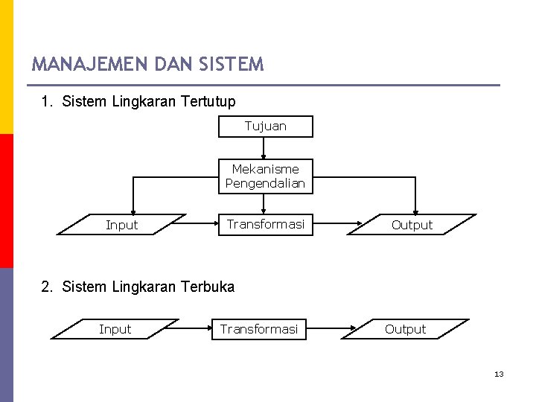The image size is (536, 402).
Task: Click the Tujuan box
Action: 266,127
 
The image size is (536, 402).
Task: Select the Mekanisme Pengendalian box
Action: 266,176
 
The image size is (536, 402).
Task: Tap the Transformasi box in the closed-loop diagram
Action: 266,224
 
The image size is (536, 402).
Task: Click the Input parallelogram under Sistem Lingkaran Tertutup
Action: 121,225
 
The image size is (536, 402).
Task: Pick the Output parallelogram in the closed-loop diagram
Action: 412,225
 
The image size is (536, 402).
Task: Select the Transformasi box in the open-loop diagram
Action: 259,329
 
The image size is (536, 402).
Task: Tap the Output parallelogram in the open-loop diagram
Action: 406,329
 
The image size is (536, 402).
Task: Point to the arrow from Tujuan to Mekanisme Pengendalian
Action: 264,149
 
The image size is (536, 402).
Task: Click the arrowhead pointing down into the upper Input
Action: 133,211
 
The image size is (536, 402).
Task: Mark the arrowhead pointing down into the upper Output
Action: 416,211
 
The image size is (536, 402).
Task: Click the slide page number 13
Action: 499,374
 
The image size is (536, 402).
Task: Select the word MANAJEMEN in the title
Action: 90,65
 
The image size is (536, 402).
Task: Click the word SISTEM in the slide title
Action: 232,65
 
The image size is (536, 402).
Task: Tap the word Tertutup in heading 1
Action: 208,101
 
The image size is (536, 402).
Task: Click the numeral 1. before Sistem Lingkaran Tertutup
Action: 46,101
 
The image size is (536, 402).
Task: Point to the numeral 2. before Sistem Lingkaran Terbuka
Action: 46,287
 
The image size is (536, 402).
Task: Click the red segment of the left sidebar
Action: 6,201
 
